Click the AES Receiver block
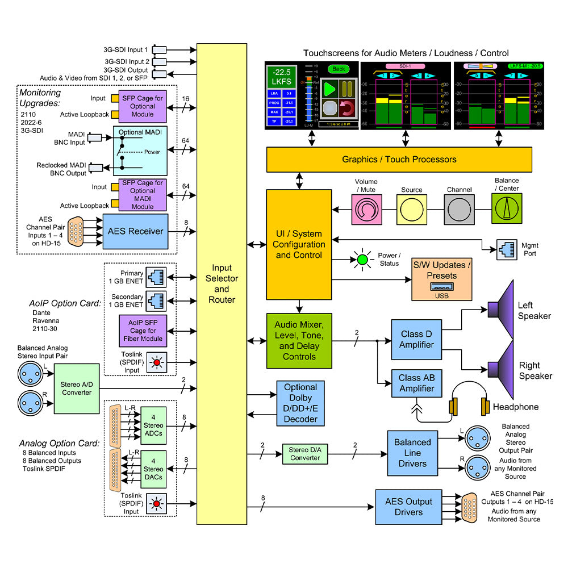tap(135, 231)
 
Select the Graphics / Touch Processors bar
tap(399, 159)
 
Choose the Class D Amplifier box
tap(416, 340)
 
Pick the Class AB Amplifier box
tap(416, 385)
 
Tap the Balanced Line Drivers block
tap(412, 453)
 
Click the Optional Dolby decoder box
tap(300, 403)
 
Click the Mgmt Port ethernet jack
tap(504, 248)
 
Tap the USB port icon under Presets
tap(441, 286)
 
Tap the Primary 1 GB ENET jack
tap(155, 277)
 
